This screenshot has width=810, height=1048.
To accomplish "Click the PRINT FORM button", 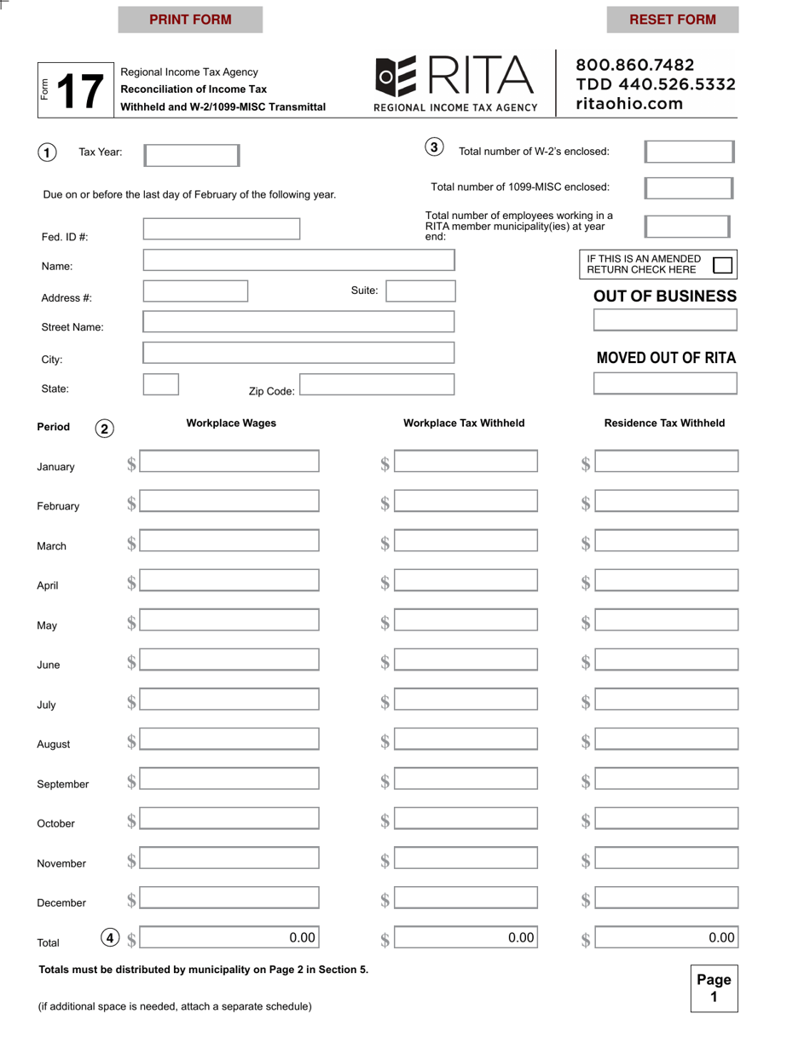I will point(190,20).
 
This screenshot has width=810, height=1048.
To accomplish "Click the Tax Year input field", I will point(192,155).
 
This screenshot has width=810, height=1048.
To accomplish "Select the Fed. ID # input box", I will point(222,228).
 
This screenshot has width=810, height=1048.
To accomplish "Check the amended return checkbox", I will point(722,265).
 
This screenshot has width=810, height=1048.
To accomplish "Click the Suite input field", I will point(421,291).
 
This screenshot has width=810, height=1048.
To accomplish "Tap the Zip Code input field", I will point(377,384).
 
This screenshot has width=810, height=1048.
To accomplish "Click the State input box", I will point(160,384).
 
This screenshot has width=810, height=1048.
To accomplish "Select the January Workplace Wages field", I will point(229,462).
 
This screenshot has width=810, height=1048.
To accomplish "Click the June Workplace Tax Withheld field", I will point(466,659).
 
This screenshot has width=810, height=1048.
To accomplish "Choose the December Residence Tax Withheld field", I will point(666,898).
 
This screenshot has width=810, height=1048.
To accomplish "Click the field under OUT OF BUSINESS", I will point(664,320).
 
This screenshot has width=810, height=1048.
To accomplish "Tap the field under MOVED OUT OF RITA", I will point(664,383).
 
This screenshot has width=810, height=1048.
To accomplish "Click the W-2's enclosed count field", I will point(688,152).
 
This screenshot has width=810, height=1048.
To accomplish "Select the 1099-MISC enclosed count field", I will point(688,188).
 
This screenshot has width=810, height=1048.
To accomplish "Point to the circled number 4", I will point(109,938).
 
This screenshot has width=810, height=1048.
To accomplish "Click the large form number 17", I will point(80,90).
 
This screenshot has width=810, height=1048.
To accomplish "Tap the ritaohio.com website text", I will point(630,104).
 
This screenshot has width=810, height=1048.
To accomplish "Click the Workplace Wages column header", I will point(231,423).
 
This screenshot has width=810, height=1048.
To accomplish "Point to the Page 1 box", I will point(714,988).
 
